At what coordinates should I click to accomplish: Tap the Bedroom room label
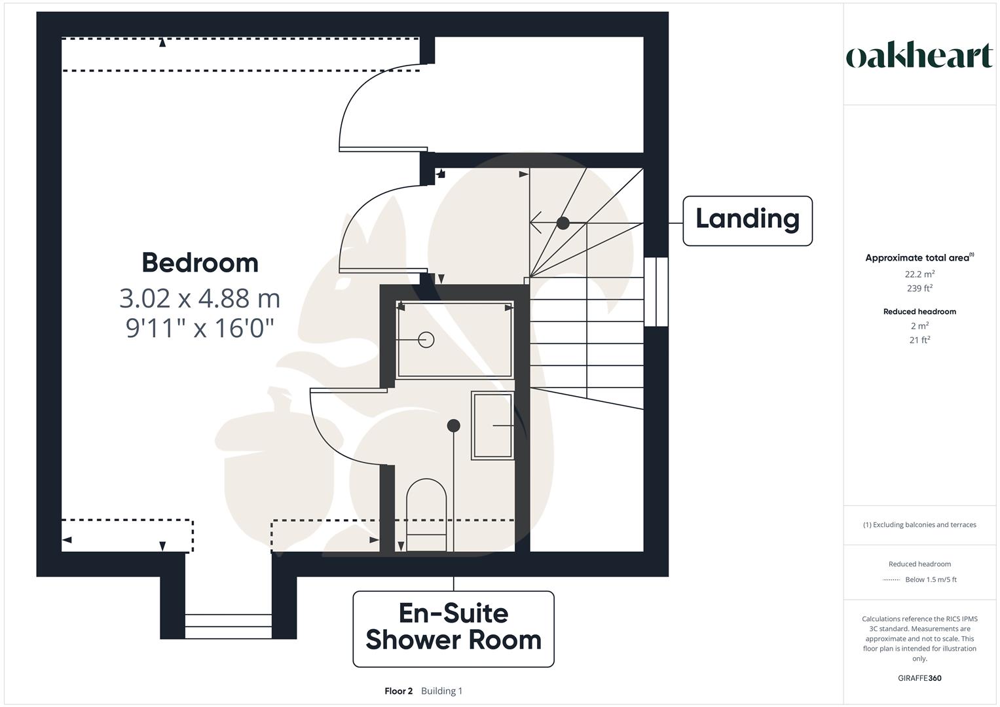tap(200, 263)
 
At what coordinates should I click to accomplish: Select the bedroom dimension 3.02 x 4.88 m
tap(200, 299)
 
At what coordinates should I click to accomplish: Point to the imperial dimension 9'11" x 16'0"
tap(200, 327)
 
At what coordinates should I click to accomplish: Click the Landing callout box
tap(747, 221)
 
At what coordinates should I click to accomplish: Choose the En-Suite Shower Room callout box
tap(453, 628)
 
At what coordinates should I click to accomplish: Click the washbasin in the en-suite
tap(492, 426)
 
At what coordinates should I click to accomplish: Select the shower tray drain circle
tap(426, 340)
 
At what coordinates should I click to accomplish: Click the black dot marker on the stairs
tap(563, 223)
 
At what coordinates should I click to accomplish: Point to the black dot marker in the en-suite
tap(453, 426)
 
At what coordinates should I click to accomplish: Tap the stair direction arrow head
tap(534, 223)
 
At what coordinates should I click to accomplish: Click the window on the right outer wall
tap(656, 292)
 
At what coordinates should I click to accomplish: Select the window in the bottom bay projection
tap(228, 626)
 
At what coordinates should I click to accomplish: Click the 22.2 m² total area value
tap(919, 274)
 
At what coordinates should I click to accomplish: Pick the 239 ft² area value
tap(919, 289)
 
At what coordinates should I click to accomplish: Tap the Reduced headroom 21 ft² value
tap(919, 340)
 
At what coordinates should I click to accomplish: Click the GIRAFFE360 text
tap(919, 678)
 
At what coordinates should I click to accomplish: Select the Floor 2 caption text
tap(398, 691)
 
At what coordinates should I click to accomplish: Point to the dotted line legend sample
tap(891, 580)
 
